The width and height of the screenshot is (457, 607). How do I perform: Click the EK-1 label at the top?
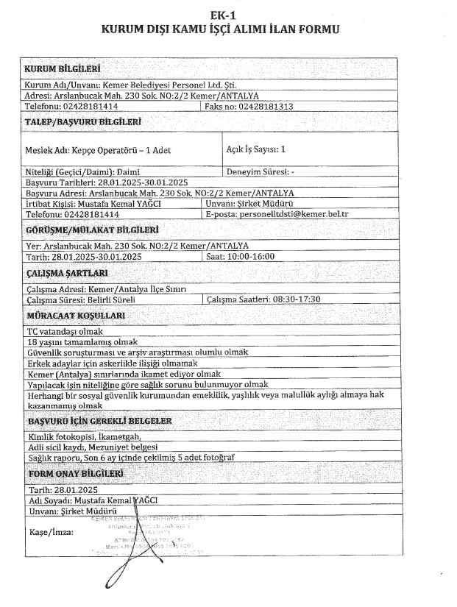pos(228,14)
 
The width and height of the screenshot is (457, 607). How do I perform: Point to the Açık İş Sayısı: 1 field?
pos(257,149)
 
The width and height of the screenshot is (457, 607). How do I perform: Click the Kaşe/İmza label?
pos(47,531)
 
